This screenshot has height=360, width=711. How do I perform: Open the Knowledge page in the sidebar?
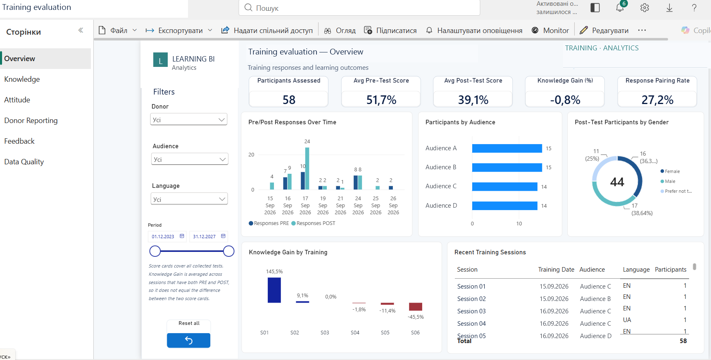tap(22, 79)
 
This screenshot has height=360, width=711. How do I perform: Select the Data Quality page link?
tap(24, 162)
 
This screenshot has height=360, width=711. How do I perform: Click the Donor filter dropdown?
tap(189, 120)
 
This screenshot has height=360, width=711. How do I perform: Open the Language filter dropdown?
tap(189, 199)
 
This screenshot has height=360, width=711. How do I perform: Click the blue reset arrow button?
tap(188, 340)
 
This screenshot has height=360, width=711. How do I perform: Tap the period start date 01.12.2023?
tap(163, 237)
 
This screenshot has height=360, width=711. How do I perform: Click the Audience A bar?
tap(507, 148)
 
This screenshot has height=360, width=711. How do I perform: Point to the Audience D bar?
tap(505, 206)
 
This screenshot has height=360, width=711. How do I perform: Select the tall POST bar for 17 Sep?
tap(307, 168)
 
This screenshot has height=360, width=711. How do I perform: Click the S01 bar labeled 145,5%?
tap(274, 290)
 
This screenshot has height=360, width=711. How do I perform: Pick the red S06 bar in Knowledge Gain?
tap(415, 306)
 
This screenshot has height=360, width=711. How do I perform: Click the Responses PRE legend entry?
tap(269, 223)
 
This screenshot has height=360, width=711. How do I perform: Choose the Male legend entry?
tap(668, 181)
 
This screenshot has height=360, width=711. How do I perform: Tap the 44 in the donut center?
tap(617, 182)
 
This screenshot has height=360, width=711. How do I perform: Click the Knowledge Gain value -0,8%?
tap(565, 100)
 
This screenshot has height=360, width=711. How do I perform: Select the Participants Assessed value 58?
tap(289, 100)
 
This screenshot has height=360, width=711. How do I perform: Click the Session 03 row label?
tap(471, 311)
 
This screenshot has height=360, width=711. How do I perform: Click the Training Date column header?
tap(556, 270)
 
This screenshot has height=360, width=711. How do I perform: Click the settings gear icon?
tap(644, 8)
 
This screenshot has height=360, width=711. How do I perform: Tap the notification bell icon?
tap(620, 7)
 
